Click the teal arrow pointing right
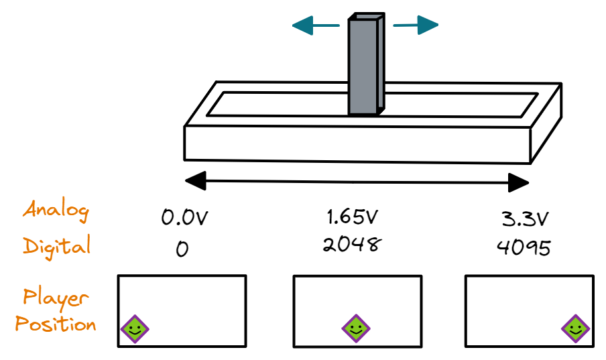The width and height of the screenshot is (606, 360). coord(416,26)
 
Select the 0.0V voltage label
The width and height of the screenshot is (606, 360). coord(184,218)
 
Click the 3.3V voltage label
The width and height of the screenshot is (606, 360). coord(526,219)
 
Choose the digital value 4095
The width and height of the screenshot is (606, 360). coord(524,247)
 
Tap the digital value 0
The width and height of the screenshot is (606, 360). coord(182,249)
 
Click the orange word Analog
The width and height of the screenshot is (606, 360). coord(56,211)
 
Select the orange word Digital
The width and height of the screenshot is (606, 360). coord(57,245)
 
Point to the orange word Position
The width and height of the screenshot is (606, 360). coord(56,325)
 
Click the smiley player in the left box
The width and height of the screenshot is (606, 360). coord(135,328)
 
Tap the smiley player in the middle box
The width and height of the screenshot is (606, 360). coord(355,328)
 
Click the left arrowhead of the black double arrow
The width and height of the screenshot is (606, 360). coord(195,180)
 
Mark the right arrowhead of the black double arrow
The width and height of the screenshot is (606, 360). coord(519,182)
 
